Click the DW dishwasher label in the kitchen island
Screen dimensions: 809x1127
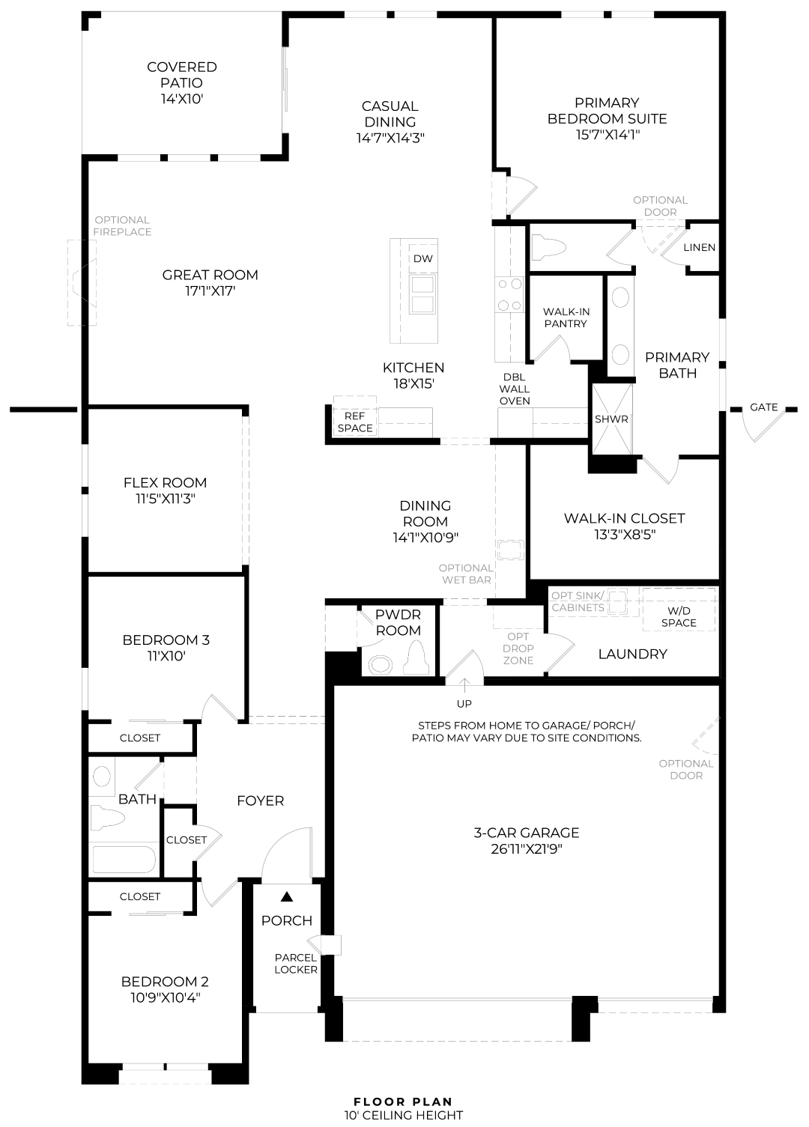[423, 258]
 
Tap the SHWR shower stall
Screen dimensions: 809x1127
[612, 419]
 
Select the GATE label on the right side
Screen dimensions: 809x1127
[764, 407]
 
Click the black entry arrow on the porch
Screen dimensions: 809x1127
[286, 896]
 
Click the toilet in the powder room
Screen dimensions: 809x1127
[416, 657]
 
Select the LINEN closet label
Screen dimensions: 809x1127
[699, 248]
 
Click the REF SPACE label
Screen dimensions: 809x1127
[355, 422]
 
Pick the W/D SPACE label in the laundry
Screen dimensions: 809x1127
[679, 617]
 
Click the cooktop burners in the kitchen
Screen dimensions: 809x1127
[509, 294]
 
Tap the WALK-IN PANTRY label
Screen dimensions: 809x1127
[566, 318]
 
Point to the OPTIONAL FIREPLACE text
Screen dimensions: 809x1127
[122, 226]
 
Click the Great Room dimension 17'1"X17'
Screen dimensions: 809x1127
[210, 291]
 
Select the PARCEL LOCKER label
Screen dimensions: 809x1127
[295, 964]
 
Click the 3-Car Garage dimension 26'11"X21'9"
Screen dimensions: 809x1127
[526, 849]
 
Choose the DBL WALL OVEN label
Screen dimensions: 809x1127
[515, 389]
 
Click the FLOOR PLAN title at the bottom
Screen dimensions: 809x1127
[403, 1102]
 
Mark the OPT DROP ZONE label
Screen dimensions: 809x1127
[518, 648]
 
